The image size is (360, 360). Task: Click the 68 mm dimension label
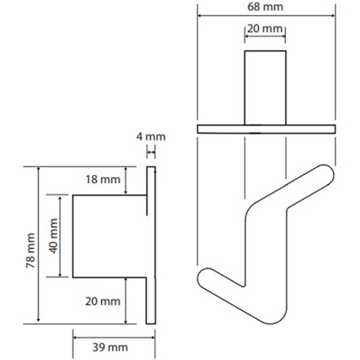tap(265, 7)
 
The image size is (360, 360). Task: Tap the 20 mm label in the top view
tap(265, 29)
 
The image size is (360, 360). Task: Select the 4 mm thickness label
tap(151, 137)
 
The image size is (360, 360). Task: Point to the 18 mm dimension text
tap(103, 179)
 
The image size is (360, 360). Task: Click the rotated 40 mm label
tap(54, 236)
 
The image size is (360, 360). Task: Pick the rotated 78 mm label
tap(30, 250)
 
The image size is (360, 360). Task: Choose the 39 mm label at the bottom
tap(110, 347)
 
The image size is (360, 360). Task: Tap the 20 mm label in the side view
tap(102, 302)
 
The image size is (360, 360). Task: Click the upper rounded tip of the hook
tap(326, 174)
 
